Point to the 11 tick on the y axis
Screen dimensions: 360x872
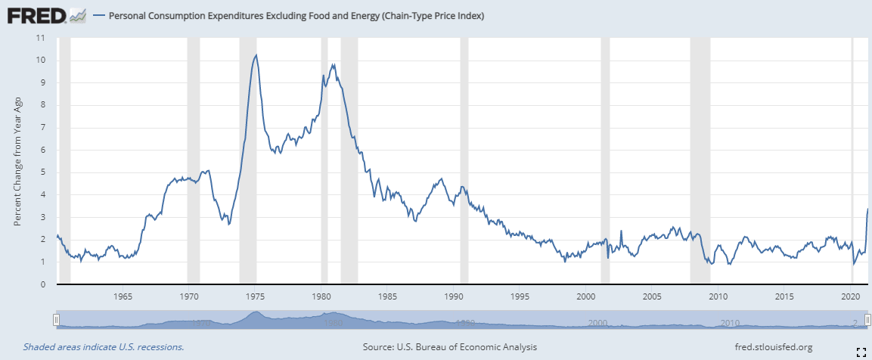pyautogui.click(x=41, y=38)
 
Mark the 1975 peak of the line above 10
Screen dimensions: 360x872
pyautogui.click(x=256, y=54)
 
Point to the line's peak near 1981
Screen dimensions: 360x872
pyautogui.click(x=334, y=64)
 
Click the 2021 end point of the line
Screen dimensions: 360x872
pyautogui.click(x=867, y=209)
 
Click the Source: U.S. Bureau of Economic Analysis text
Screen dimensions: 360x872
pyautogui.click(x=450, y=347)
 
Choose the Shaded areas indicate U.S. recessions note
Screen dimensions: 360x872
pyautogui.click(x=104, y=347)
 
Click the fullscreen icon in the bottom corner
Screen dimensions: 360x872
pyautogui.click(x=861, y=350)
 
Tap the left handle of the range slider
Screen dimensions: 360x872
pyautogui.click(x=55, y=320)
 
